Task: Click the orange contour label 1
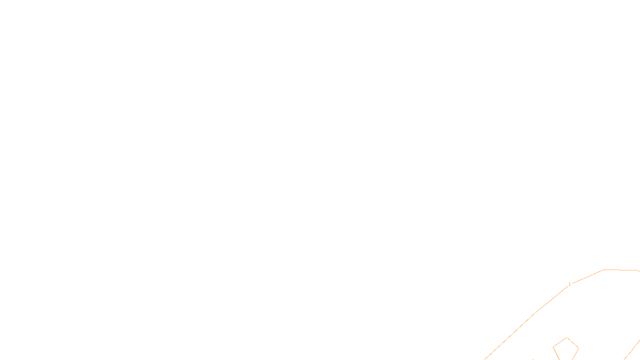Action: (570, 284)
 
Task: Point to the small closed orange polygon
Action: (566, 349)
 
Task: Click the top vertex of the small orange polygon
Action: (567, 338)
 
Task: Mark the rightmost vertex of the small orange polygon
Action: (579, 348)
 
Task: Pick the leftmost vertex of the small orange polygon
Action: (553, 346)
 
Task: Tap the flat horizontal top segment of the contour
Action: (620, 270)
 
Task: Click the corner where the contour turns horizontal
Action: (604, 270)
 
